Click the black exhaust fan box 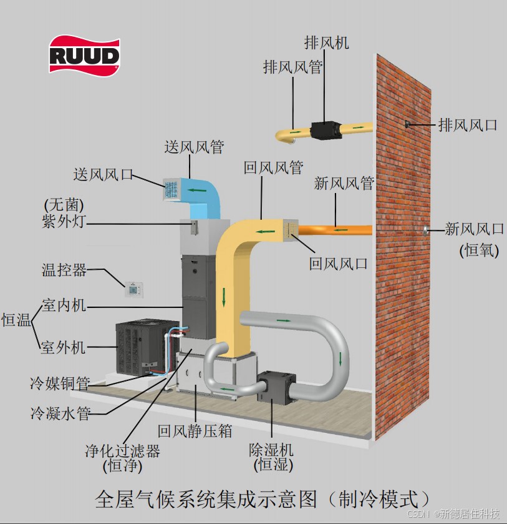(326, 129)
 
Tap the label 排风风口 (467, 125)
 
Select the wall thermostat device (133, 289)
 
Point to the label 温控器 (64, 270)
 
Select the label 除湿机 (271, 450)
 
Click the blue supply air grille (171, 190)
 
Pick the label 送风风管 (194, 147)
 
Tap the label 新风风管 (344, 184)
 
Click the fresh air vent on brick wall (424, 230)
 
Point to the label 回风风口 (338, 264)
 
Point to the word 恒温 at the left (16, 320)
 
